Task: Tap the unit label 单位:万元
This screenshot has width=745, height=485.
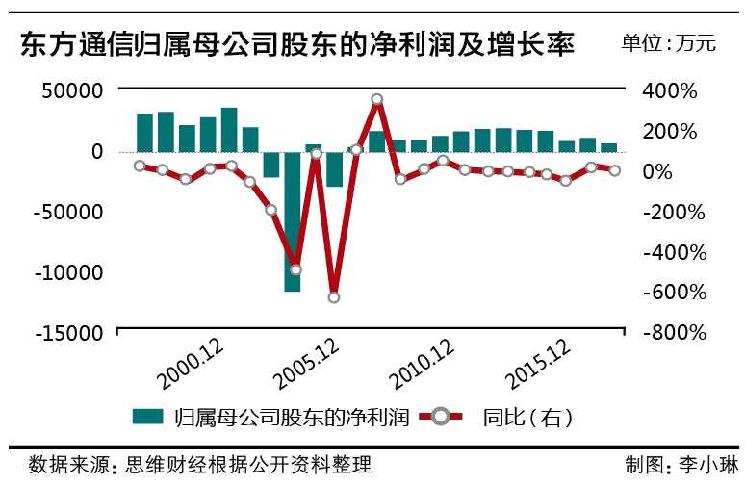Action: [668, 43]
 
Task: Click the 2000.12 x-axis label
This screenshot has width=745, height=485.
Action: [193, 369]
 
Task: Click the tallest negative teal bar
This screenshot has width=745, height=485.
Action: [293, 221]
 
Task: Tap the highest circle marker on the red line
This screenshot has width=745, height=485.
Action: [376, 99]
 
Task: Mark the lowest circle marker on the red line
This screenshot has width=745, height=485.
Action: [334, 297]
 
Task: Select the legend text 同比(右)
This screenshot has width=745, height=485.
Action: [528, 418]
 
